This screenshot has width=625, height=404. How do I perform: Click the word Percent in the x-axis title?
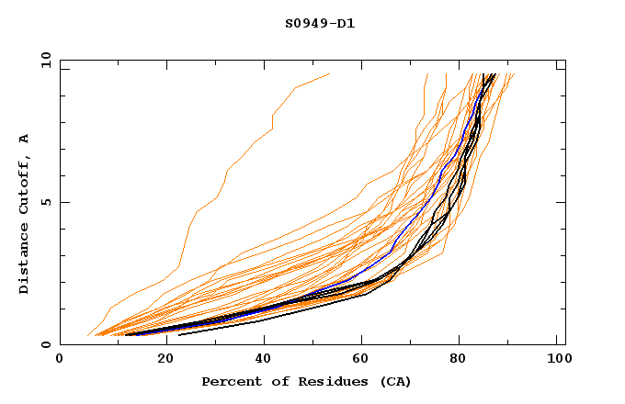231,381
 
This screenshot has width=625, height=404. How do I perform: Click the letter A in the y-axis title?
25,139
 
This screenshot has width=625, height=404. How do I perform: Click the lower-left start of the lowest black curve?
179,334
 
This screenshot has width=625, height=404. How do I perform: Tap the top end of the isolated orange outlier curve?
329,74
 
